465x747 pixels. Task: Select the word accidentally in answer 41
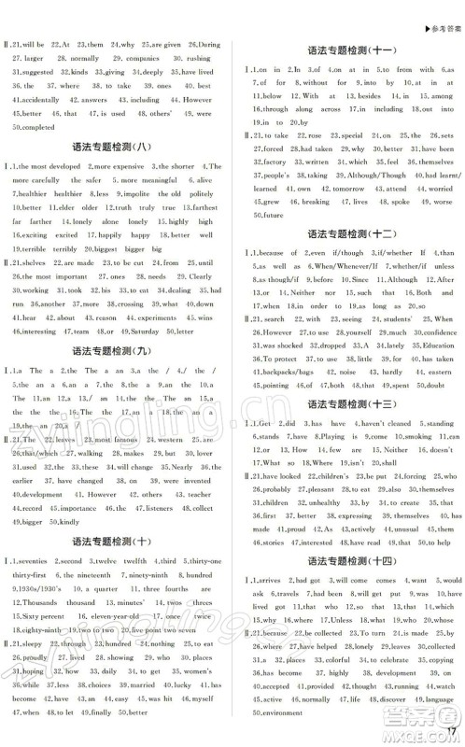pyautogui.click(x=35, y=99)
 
